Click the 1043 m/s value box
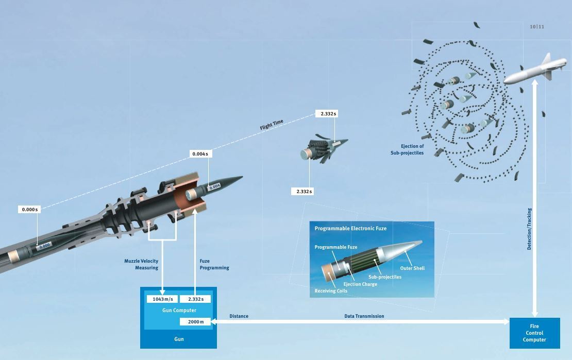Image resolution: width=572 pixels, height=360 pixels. (x=162, y=299)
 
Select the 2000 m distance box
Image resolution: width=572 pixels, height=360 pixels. (x=195, y=322)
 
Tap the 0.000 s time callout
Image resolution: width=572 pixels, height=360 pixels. (x=29, y=210)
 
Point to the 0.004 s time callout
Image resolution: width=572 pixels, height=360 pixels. (x=200, y=154)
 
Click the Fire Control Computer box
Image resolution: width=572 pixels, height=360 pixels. (x=534, y=333)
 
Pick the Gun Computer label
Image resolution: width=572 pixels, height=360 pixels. (x=179, y=311)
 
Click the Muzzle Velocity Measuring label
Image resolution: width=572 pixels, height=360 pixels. (x=141, y=264)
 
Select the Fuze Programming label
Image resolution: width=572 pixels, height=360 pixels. (x=214, y=264)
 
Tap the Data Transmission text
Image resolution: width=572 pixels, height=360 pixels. (x=364, y=316)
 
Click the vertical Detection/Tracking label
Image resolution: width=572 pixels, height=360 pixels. (x=529, y=229)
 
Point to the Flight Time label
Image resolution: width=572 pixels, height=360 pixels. (x=272, y=125)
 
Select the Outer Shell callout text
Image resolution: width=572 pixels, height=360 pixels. (x=412, y=268)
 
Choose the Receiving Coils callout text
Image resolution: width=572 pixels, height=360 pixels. (x=331, y=291)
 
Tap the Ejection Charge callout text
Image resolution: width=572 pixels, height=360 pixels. (x=360, y=284)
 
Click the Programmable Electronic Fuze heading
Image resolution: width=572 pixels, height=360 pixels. (x=350, y=228)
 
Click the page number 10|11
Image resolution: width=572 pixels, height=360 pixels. (x=536, y=27)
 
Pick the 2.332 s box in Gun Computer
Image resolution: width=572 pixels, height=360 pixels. (x=195, y=299)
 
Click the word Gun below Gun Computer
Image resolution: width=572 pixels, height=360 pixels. (x=179, y=339)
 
